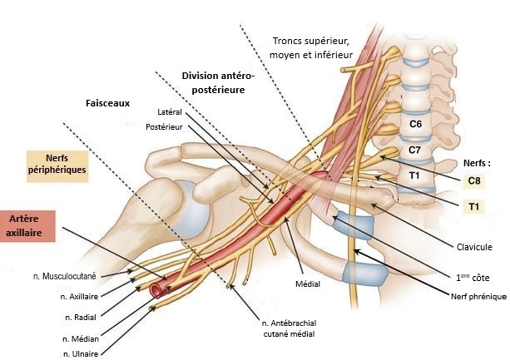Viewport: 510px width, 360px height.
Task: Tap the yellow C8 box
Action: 474,180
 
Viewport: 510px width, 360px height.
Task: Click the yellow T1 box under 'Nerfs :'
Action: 474,205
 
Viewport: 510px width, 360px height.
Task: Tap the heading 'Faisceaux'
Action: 108,105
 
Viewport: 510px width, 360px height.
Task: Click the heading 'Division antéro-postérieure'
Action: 219,81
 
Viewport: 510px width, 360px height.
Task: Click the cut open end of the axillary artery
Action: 156,290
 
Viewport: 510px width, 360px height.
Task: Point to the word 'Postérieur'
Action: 163,127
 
